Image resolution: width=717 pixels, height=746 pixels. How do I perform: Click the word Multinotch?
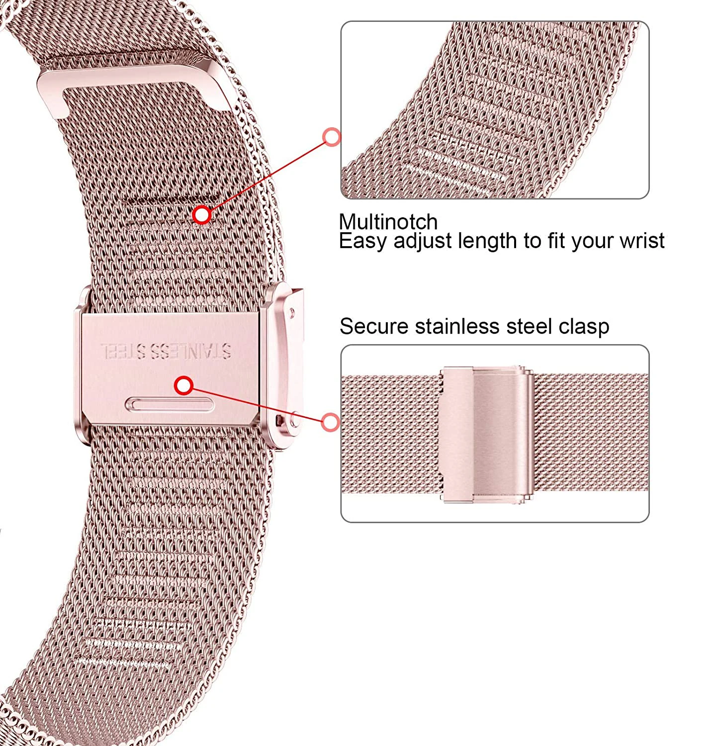pos(388,222)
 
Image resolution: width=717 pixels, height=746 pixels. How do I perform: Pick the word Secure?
pos(374,327)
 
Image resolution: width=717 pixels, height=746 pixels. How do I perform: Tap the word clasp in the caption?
pos(583,327)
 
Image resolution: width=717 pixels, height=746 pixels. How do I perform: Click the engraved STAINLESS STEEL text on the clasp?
pos(166,351)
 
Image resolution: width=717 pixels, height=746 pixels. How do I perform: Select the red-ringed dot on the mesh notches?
pos(202,215)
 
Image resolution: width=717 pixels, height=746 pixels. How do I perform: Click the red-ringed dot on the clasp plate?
pos(184,385)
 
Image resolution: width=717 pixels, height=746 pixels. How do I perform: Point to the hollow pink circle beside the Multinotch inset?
pos(332,137)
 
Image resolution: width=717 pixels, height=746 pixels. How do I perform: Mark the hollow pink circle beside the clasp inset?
pos(330,422)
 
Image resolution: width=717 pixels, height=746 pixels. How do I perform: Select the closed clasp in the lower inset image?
pos(487,434)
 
